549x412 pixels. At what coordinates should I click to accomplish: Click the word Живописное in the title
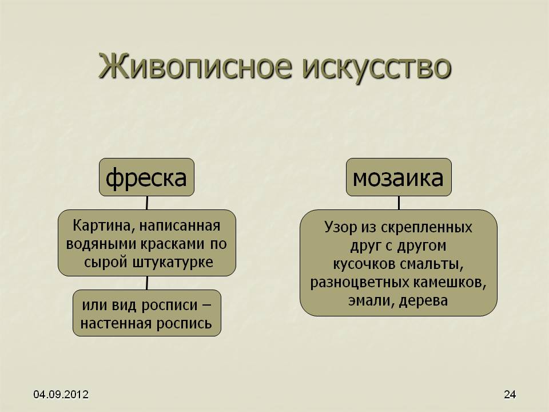pyautogui.click(x=195, y=66)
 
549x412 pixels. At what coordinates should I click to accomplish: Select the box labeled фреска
pyautogui.click(x=147, y=177)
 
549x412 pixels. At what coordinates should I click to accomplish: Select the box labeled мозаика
pyautogui.click(x=399, y=177)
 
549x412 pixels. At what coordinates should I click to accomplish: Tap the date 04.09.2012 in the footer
pyautogui.click(x=61, y=394)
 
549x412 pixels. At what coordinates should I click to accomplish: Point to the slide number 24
pyautogui.click(x=510, y=394)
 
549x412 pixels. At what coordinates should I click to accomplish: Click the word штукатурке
pyautogui.click(x=173, y=263)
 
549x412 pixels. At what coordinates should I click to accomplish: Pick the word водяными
pyautogui.click(x=101, y=244)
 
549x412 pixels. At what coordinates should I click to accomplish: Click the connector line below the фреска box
pyautogui.click(x=147, y=203)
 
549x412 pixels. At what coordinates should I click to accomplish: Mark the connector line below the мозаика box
pyautogui.click(x=399, y=203)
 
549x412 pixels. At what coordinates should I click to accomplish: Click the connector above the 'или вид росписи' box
pyautogui.click(x=147, y=283)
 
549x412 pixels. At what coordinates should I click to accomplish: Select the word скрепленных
pyautogui.click(x=426, y=228)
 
